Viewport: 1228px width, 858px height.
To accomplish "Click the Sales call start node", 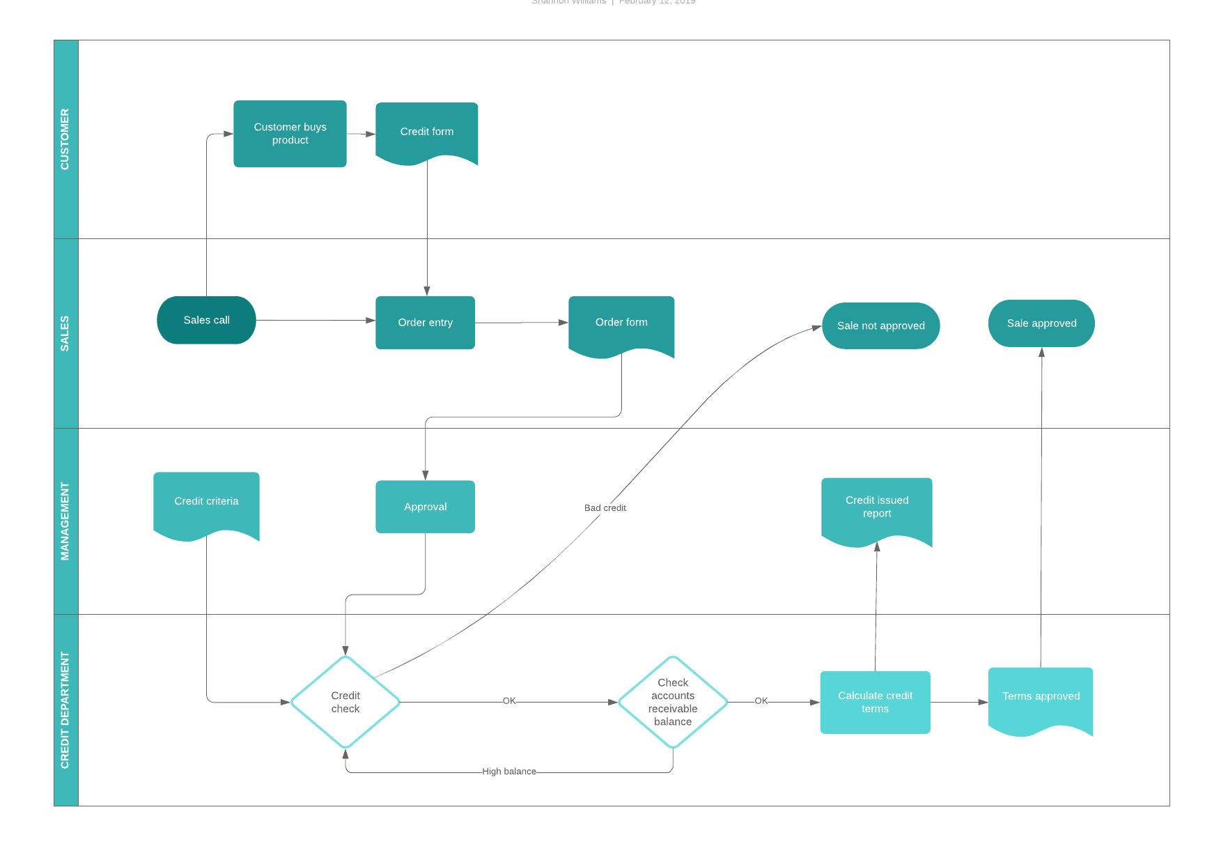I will (206, 320).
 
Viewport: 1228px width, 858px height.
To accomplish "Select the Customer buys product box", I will (290, 133).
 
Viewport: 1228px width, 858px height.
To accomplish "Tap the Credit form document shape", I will (426, 131).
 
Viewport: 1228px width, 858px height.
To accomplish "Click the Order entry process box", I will (425, 322).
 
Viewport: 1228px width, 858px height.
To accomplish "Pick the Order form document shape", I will (621, 322).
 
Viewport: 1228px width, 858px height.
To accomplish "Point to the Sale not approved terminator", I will (880, 325).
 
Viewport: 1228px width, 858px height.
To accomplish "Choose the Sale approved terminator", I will (1041, 323).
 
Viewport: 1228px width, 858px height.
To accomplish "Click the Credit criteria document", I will (206, 501).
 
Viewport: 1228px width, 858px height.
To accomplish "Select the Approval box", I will (425, 507).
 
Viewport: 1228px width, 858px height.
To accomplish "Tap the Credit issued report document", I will (876, 507).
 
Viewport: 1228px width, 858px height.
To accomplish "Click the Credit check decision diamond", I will (345, 702).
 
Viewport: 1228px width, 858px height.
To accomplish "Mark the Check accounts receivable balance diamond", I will (673, 702).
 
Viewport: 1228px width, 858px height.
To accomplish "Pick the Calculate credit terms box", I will (875, 702).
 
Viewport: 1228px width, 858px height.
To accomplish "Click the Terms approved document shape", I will (1041, 696).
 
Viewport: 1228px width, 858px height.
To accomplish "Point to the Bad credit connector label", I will (605, 508).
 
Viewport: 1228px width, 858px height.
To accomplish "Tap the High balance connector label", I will (509, 772).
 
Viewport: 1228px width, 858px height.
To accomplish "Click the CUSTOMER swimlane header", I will (65, 139).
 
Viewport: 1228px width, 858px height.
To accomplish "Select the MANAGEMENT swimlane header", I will (65, 521).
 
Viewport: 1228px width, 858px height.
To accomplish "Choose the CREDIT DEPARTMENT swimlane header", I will (65, 710).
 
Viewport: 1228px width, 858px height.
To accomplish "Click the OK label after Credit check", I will (509, 700).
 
